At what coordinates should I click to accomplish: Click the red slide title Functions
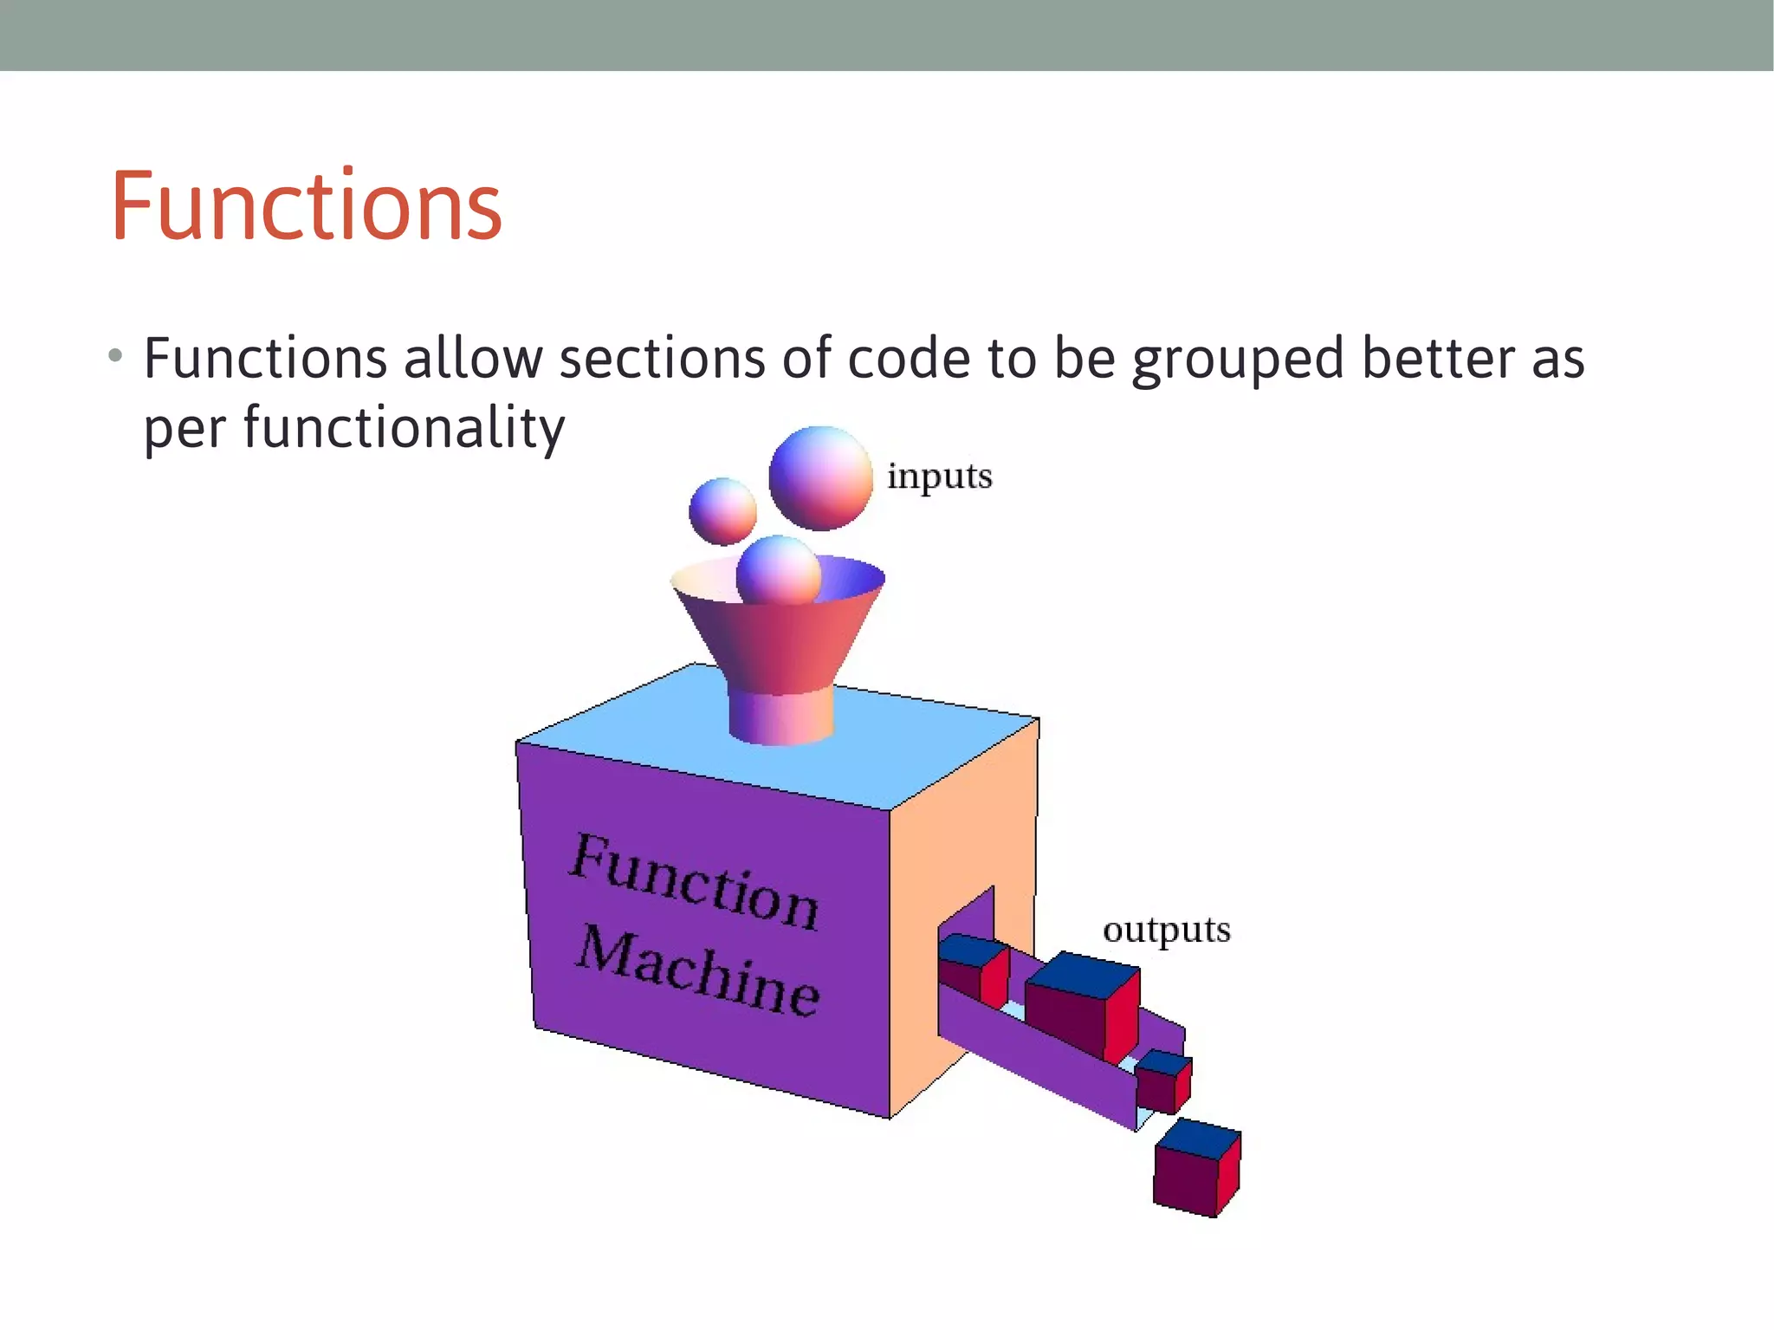pyautogui.click(x=306, y=206)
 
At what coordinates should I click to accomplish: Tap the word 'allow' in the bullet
pyautogui.click(x=473, y=359)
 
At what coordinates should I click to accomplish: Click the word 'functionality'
pyautogui.click(x=404, y=428)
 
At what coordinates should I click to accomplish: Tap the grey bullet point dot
pyautogui.click(x=116, y=356)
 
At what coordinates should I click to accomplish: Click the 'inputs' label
pyautogui.click(x=939, y=477)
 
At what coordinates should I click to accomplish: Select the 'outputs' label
pyautogui.click(x=1166, y=930)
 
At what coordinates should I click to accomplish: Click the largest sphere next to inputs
pyautogui.click(x=820, y=477)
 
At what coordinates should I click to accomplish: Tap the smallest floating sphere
pyautogui.click(x=722, y=510)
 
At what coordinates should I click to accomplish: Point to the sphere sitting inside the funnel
pyautogui.click(x=778, y=569)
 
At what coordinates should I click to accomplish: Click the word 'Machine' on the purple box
pyautogui.click(x=698, y=972)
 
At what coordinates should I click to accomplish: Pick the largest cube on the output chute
pyautogui.click(x=1083, y=1005)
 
